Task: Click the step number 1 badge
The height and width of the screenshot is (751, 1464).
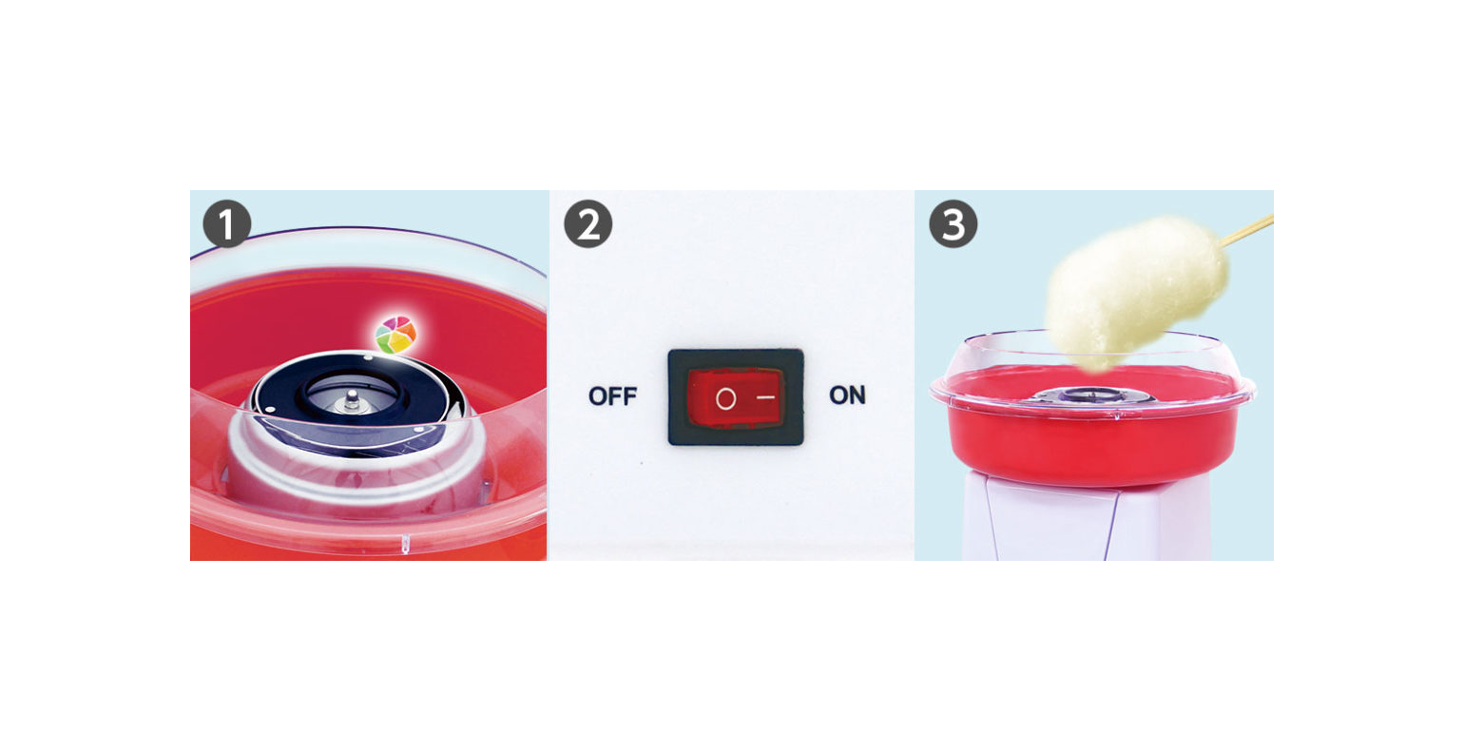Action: (x=227, y=224)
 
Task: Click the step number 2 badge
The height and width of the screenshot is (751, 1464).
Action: (x=588, y=224)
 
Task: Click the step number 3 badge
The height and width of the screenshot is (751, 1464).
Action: (x=954, y=224)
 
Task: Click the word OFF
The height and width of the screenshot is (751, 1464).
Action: (x=612, y=396)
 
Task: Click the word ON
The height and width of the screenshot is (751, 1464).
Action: (x=848, y=395)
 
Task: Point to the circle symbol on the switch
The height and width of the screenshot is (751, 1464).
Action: (x=725, y=398)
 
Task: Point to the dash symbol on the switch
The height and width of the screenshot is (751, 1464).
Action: (x=766, y=396)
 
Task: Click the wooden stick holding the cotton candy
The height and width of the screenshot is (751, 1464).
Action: (x=1247, y=231)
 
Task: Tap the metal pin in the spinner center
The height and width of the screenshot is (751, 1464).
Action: (x=352, y=399)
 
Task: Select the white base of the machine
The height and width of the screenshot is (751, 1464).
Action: (x=1085, y=520)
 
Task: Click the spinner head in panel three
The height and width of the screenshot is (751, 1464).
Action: (x=1091, y=395)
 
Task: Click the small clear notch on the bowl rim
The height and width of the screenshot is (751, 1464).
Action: (x=405, y=543)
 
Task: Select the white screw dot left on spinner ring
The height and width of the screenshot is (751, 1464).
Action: (x=271, y=409)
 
